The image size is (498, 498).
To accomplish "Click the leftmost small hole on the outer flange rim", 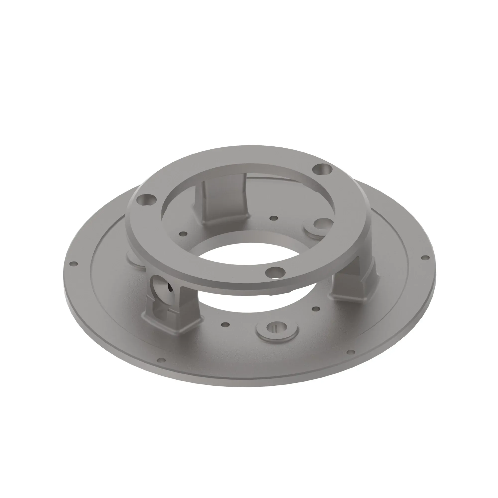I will tap(74, 264).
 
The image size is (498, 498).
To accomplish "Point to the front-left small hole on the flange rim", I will tap(161, 360).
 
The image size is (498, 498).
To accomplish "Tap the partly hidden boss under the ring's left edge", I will tap(134, 260).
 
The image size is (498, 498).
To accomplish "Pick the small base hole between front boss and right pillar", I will tap(316, 309).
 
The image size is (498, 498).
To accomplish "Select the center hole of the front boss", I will tap(277, 327).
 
